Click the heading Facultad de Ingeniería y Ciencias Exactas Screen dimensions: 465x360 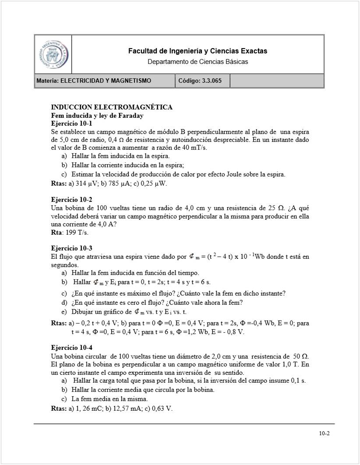pyautogui.click(x=198, y=51)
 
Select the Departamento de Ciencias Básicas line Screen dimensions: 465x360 pyautogui.click(x=198, y=62)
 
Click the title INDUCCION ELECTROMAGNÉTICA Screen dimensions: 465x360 pyautogui.click(x=112, y=107)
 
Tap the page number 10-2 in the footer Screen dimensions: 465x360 pyautogui.click(x=324, y=434)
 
